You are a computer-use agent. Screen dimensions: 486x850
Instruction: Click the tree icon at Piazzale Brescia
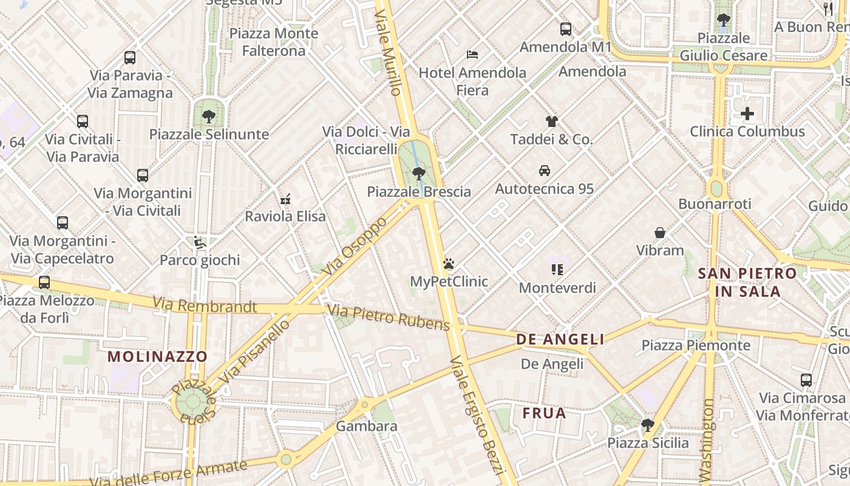point(418,174)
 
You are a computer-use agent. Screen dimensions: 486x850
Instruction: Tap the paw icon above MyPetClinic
point(449,264)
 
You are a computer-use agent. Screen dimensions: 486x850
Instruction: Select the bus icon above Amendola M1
point(565,29)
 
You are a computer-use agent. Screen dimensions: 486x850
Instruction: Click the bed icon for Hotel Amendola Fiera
point(472,55)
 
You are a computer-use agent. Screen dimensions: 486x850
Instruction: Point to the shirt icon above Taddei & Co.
point(551,121)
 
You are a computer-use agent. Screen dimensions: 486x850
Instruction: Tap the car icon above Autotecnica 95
point(544,171)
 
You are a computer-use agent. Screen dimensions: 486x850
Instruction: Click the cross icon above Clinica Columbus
point(747,114)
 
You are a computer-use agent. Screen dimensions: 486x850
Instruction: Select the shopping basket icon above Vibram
point(660,233)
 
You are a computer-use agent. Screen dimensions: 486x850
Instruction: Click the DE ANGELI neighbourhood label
point(560,340)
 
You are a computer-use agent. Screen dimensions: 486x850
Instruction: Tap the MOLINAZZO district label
point(157,357)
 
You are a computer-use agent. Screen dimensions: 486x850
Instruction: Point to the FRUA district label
point(544,414)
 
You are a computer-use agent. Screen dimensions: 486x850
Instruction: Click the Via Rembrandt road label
point(205,305)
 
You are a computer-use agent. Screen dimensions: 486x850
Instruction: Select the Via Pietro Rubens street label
point(389,318)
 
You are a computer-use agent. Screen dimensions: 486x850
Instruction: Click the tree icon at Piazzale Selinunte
point(209,116)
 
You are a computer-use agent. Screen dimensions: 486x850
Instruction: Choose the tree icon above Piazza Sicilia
point(648,425)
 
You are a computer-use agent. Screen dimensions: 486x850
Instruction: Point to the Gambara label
point(367,426)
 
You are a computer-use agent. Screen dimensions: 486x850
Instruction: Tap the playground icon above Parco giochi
point(199,242)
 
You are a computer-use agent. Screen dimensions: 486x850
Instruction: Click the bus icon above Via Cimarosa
point(806,380)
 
